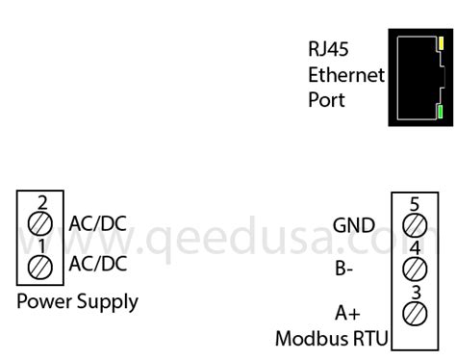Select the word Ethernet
coord(346,74)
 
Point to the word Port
coord(326,99)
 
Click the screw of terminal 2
coord(41,224)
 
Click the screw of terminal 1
coord(41,266)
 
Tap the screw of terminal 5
coord(415,224)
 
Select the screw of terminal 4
coord(415,268)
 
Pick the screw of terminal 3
coord(415,312)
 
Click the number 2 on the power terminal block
coord(41,203)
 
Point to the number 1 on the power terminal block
coord(41,245)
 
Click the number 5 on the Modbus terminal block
coord(415,204)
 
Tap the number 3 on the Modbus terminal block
coord(415,292)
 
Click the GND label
coord(354,225)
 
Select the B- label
coord(344,269)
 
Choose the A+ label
coord(346,312)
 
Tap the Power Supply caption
coord(78,301)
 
